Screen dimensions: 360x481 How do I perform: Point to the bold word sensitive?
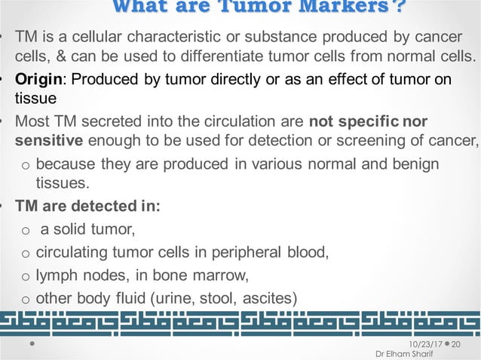[49, 141]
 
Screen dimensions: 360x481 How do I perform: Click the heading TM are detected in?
[88, 205]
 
